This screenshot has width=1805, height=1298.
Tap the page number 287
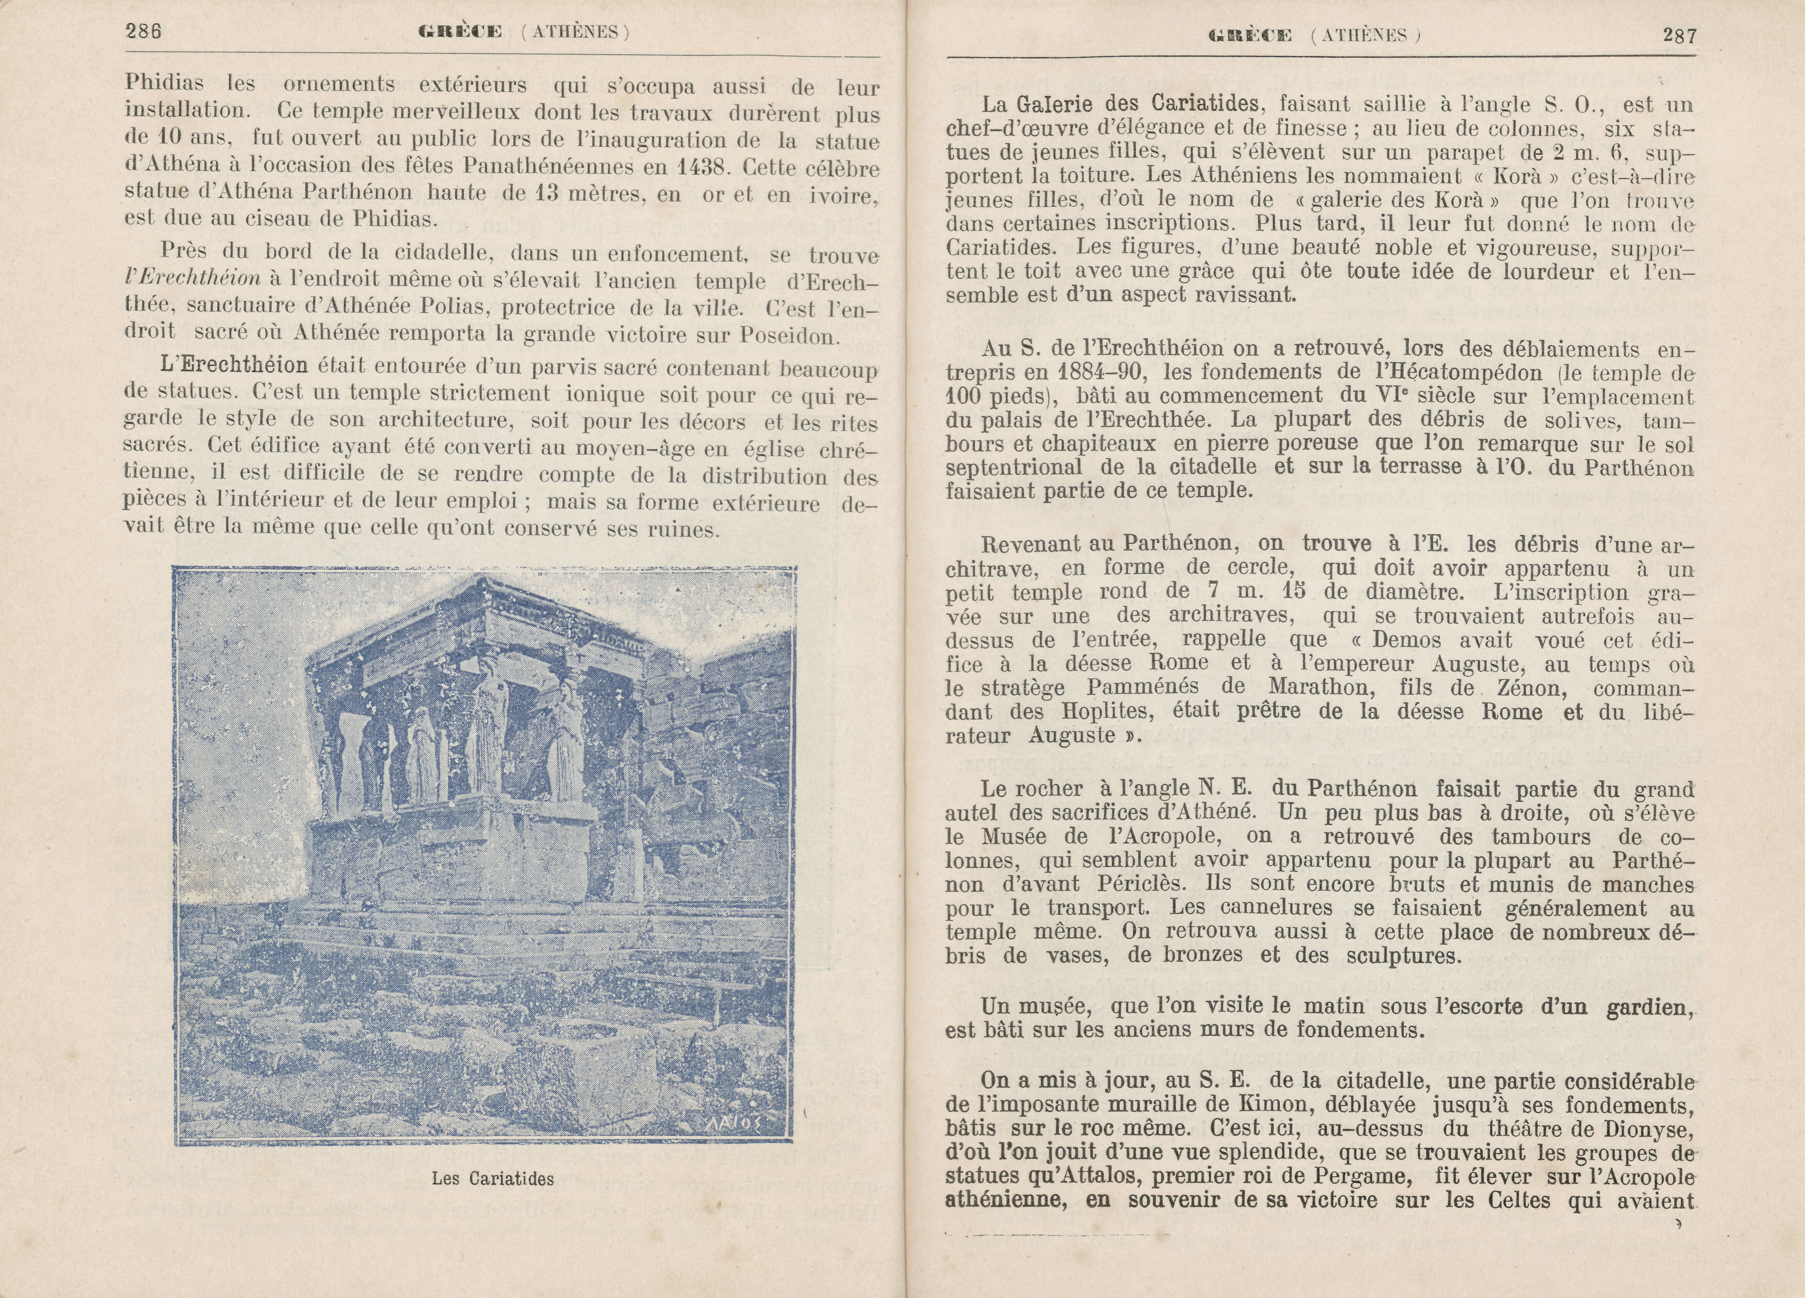point(1679,36)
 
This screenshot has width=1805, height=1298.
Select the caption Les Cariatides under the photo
point(493,1179)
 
